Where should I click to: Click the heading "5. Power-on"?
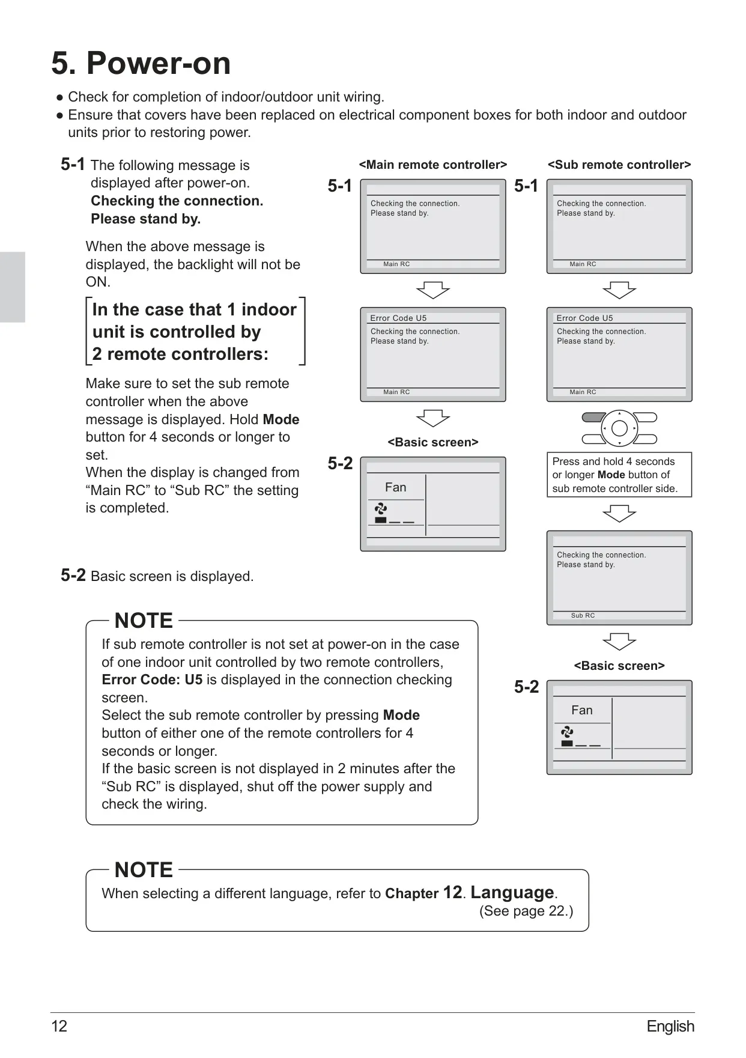coord(141,64)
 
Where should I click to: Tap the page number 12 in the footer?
coord(59,1026)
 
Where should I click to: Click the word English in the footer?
coord(670,1026)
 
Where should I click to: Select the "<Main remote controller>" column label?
coord(432,165)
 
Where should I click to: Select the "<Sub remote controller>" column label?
coord(619,165)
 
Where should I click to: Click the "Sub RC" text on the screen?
coord(583,615)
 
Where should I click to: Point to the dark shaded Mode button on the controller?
coord(594,418)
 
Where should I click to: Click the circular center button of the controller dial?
coord(619,428)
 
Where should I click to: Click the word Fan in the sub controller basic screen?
coord(582,710)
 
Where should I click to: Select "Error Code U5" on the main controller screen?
coord(398,318)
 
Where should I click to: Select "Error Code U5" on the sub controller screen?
coord(584,318)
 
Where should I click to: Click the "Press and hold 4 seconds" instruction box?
coord(619,475)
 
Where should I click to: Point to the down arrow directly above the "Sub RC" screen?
coord(619,514)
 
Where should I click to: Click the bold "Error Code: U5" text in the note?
coord(152,679)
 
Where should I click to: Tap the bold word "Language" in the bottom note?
coord(512,892)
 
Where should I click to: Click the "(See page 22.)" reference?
coord(526,911)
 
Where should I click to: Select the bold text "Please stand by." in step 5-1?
coord(146,219)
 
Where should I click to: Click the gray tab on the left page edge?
coord(13,287)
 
